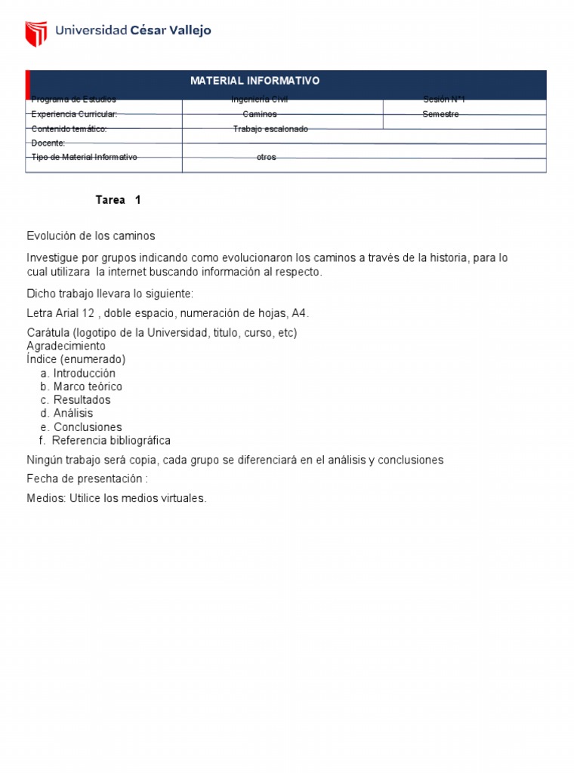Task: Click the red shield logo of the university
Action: pyautogui.click(x=36, y=32)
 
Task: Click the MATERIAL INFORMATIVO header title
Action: pyautogui.click(x=255, y=81)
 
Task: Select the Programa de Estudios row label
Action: pyautogui.click(x=74, y=100)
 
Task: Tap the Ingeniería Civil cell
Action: pyautogui.click(x=259, y=100)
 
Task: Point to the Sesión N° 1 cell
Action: pyautogui.click(x=444, y=100)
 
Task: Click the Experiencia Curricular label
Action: pyautogui.click(x=74, y=114)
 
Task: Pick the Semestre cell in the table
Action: pyautogui.click(x=440, y=114)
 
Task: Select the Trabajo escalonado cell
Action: pyautogui.click(x=270, y=129)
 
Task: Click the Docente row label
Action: pyautogui.click(x=48, y=143)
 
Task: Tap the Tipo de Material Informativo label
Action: pyautogui.click(x=84, y=157)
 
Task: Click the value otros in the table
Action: pyautogui.click(x=267, y=157)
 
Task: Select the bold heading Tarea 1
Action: pyautogui.click(x=118, y=200)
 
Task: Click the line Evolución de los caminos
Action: pyautogui.click(x=91, y=236)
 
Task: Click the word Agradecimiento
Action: pyautogui.click(x=66, y=346)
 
